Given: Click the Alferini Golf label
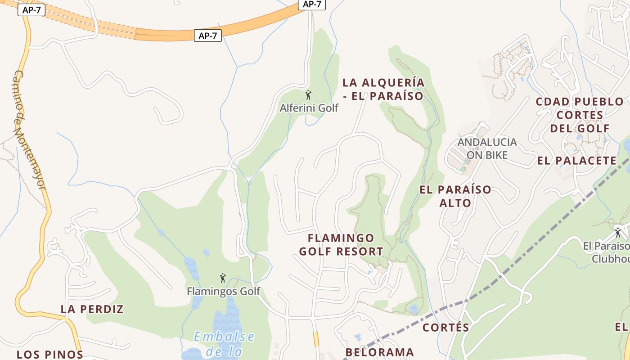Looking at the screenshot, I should point(309,108).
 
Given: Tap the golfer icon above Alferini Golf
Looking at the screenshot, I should point(308,95).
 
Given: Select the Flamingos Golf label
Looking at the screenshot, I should point(224,291).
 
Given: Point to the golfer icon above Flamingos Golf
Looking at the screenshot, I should point(223,278).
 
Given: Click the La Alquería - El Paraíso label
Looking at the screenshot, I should point(383,89).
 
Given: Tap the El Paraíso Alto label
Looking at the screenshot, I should point(455,196).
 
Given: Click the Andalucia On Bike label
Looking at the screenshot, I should point(487,148).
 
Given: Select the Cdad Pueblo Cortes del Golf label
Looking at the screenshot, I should point(580,115).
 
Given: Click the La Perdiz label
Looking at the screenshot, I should point(92,309).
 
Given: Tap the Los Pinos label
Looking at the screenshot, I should point(50,354).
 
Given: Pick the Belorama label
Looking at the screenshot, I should point(379,352).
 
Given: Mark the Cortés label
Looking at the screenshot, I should point(446,328).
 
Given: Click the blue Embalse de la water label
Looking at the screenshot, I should point(224,343).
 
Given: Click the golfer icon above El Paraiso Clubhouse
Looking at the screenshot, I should point(618,233).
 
